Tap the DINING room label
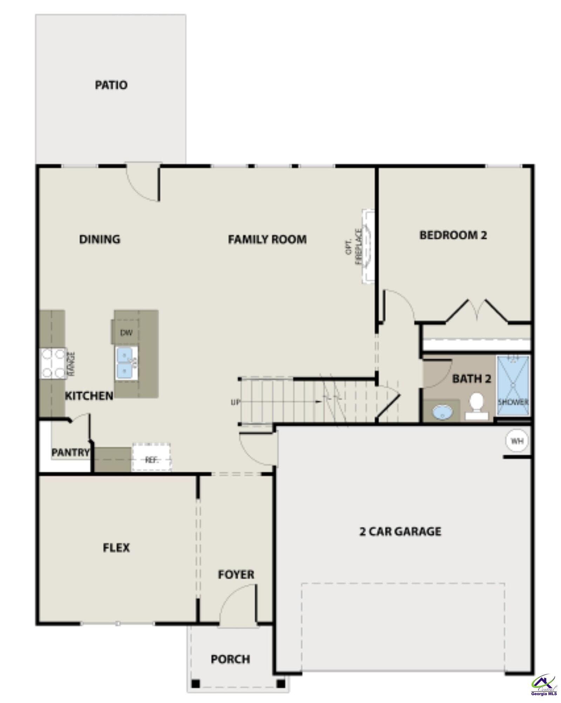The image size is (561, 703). (x=100, y=239)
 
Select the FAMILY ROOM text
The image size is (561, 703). (x=267, y=239)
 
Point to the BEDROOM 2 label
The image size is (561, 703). (x=453, y=235)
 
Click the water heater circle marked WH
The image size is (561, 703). (x=517, y=441)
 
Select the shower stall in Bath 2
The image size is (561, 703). (x=513, y=384)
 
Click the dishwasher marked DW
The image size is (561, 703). (x=126, y=333)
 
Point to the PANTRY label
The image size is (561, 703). (x=70, y=452)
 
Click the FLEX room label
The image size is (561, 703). (x=116, y=547)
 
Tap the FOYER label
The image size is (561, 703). (x=236, y=574)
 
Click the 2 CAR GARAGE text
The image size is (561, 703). (x=400, y=532)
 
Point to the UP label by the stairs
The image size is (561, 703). (x=235, y=403)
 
